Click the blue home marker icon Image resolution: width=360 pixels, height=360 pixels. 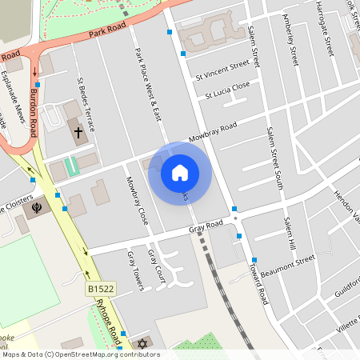click(180, 172)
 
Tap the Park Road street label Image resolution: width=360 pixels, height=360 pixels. click(108, 31)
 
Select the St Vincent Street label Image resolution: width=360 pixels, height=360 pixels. click(222, 70)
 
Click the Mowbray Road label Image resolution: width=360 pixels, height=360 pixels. click(213, 132)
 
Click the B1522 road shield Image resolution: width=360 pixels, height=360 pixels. click(101, 287)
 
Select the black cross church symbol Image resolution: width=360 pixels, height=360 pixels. click(78, 131)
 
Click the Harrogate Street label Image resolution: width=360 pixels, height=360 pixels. click(326, 27)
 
